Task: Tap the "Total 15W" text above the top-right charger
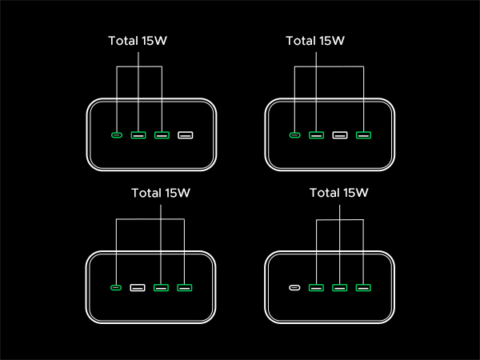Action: pyautogui.click(x=317, y=41)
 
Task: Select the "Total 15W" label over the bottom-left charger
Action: pyautogui.click(x=162, y=193)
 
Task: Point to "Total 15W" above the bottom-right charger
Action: pyautogui.click(x=339, y=193)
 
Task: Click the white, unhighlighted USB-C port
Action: pyautogui.click(x=294, y=287)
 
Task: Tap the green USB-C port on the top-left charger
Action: pyautogui.click(x=118, y=134)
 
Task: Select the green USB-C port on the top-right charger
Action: pyautogui.click(x=294, y=134)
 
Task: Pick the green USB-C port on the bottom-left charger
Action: pyautogui.click(x=118, y=287)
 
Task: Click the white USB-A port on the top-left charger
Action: pyautogui.click(x=186, y=134)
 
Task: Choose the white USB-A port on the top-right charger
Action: pyautogui.click(x=340, y=134)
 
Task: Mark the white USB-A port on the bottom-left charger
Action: pyautogui.click(x=138, y=287)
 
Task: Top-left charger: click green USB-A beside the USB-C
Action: pyautogui.click(x=138, y=134)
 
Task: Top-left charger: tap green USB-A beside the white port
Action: pyautogui.click(x=162, y=134)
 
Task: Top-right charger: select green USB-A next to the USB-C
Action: pyautogui.click(x=317, y=134)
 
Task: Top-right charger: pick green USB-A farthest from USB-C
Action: pyautogui.click(x=363, y=134)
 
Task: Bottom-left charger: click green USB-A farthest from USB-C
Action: pyautogui.click(x=185, y=287)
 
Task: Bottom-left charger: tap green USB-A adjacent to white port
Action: pyautogui.click(x=161, y=287)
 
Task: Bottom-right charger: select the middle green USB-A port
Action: pyautogui.click(x=340, y=287)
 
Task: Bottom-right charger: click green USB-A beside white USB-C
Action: pyautogui.click(x=317, y=287)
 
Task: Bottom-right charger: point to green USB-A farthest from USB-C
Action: pyautogui.click(x=363, y=287)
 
